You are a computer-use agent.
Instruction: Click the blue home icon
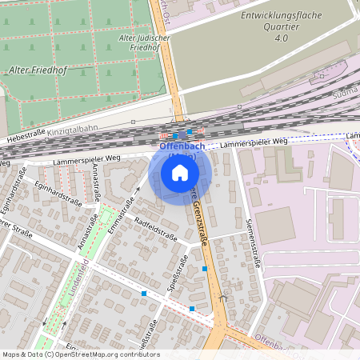point(180,172)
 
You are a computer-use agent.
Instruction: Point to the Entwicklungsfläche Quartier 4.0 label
point(280,26)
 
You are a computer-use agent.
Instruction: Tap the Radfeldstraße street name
point(156,228)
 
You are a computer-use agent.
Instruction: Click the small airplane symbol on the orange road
point(222,298)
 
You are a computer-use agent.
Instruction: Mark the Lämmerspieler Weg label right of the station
point(253,142)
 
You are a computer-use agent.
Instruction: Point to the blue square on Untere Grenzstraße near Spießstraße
point(206,269)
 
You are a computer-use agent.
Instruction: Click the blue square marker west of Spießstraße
point(144,294)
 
